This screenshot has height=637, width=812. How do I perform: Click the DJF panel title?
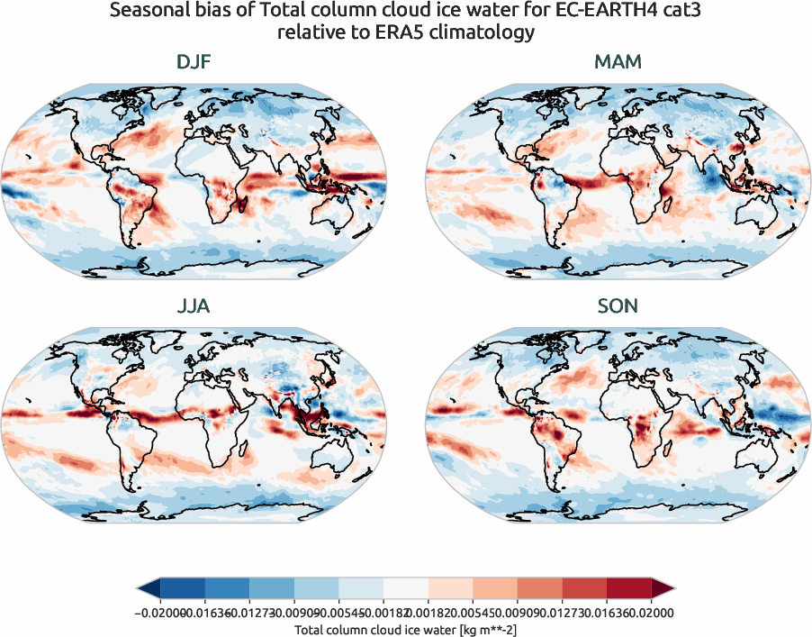point(194,63)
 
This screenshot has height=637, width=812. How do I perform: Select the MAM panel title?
point(618,63)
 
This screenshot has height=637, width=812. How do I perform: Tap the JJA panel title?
point(194,306)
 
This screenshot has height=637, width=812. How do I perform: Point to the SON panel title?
point(618,306)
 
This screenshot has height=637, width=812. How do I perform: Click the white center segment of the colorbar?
point(405,587)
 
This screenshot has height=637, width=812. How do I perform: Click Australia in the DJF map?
point(334,217)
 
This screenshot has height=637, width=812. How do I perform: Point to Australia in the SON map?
point(758,460)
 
